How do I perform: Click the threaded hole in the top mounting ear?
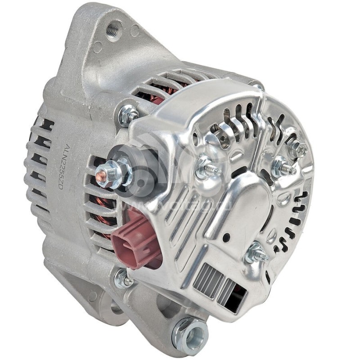point(113,29)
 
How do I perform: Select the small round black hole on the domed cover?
point(226,236)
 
